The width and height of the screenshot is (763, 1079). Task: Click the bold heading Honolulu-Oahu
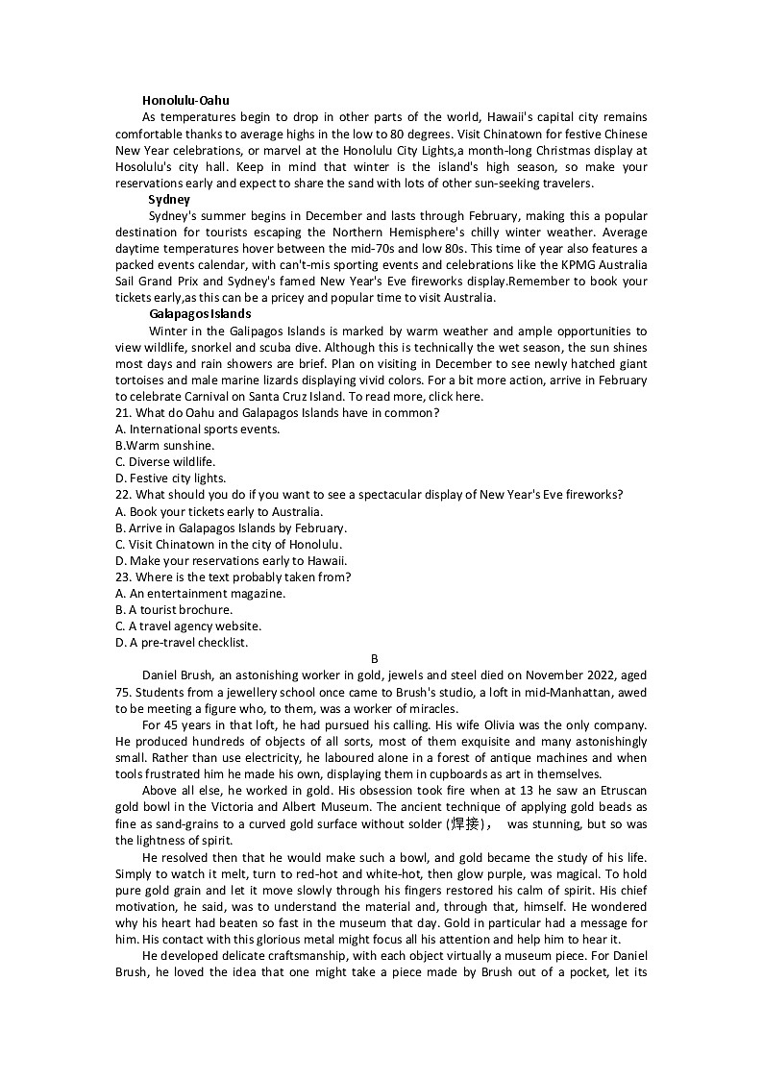tap(185, 100)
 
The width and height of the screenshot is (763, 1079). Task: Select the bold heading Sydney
tap(169, 199)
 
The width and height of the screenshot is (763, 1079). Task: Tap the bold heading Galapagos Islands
tap(200, 313)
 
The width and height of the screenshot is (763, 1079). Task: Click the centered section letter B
tap(375, 659)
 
